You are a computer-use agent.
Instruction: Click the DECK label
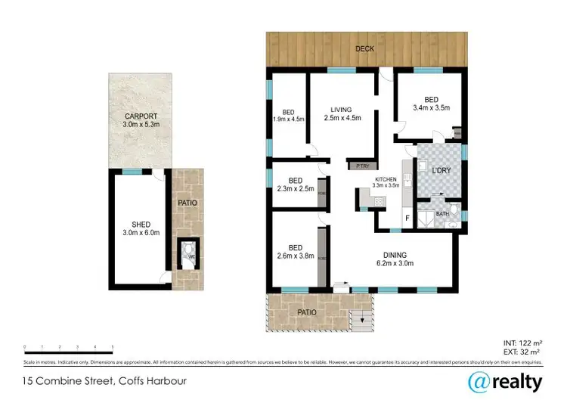pos(365,50)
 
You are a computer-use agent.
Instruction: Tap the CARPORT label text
pos(141,120)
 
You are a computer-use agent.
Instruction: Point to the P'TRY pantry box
pos(357,166)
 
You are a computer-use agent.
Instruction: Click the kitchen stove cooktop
pos(376,201)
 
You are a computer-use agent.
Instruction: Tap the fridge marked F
pos(407,219)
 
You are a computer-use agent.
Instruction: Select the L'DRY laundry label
pos(441,171)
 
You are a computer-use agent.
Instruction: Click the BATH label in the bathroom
pos(442,214)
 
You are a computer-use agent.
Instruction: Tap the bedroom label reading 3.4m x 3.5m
pos(430,104)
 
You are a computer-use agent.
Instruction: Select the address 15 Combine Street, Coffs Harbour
pos(104,380)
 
